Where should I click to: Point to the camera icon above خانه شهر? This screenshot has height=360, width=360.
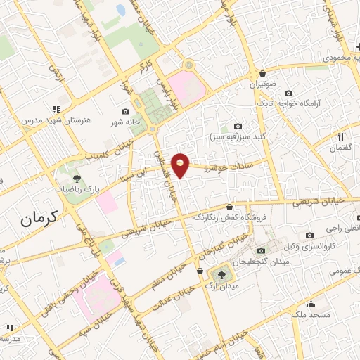coord(125,111)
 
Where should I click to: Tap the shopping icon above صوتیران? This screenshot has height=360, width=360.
coord(262,73)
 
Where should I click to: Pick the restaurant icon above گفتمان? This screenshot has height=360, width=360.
coord(341,136)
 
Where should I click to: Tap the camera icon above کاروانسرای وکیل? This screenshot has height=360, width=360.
coord(309,235)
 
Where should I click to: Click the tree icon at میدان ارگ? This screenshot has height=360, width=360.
coord(221,274)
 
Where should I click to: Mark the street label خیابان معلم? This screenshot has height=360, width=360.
coord(167,278)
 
